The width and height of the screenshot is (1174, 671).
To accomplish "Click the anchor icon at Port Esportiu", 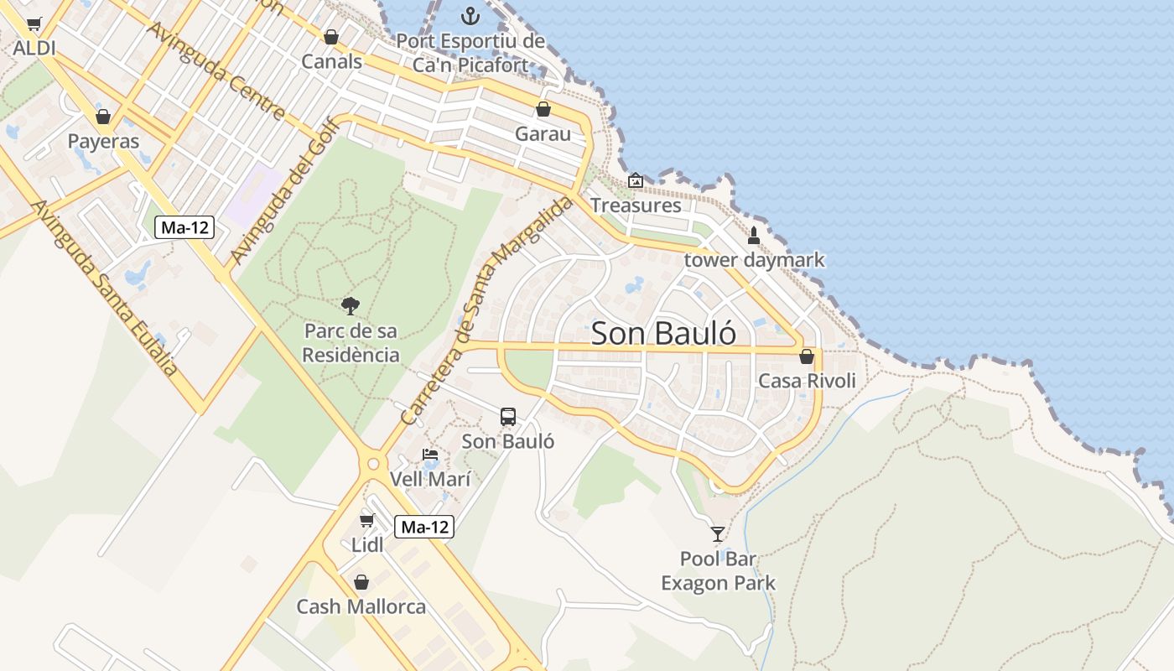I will pyautogui.click(x=470, y=16).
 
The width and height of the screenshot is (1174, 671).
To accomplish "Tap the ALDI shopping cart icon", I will pyautogui.click(x=34, y=23).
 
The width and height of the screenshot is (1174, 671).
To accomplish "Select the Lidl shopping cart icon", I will pyautogui.click(x=366, y=520).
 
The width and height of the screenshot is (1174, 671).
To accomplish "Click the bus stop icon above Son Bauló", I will pyautogui.click(x=508, y=416).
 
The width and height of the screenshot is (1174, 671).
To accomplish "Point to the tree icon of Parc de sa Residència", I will pyautogui.click(x=351, y=306).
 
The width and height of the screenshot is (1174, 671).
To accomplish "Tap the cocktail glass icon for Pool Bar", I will pyautogui.click(x=717, y=533).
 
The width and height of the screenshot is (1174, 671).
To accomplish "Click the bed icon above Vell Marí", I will pyautogui.click(x=430, y=455).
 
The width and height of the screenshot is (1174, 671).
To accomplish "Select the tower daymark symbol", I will pyautogui.click(x=753, y=236).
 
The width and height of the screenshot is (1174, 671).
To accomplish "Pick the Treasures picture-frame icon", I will pyautogui.click(x=636, y=180).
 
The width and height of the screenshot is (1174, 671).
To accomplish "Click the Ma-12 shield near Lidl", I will pyautogui.click(x=424, y=527).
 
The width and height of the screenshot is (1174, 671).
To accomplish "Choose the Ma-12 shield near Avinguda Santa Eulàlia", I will pyautogui.click(x=184, y=226).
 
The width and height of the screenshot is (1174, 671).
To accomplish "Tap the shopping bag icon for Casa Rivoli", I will pyautogui.click(x=807, y=356).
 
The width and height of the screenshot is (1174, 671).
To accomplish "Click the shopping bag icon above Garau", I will pyautogui.click(x=543, y=109).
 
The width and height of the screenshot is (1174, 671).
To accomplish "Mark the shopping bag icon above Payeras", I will pyautogui.click(x=103, y=117).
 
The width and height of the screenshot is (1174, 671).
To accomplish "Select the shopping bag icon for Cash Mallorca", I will pyautogui.click(x=361, y=582).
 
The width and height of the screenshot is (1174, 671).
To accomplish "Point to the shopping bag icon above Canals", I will pyautogui.click(x=331, y=37).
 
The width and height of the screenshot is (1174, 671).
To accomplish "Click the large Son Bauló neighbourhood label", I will pyautogui.click(x=664, y=333).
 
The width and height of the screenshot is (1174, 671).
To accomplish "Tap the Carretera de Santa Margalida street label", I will pyautogui.click(x=487, y=310).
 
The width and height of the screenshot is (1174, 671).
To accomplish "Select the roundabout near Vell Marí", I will pyautogui.click(x=373, y=463).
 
